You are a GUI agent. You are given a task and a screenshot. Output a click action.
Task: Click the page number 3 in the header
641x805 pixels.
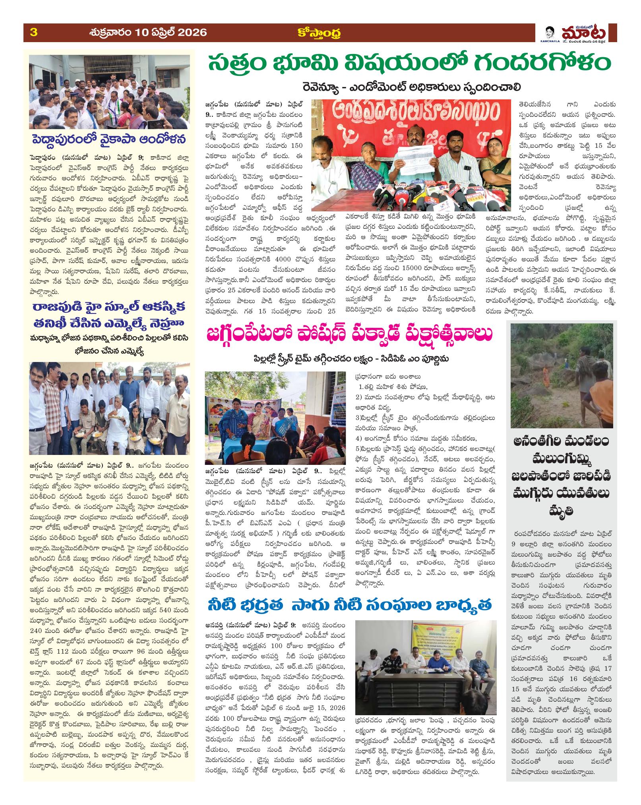tap(34, 32)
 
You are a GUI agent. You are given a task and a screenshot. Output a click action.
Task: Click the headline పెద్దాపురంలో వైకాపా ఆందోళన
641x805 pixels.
tap(110, 140)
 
